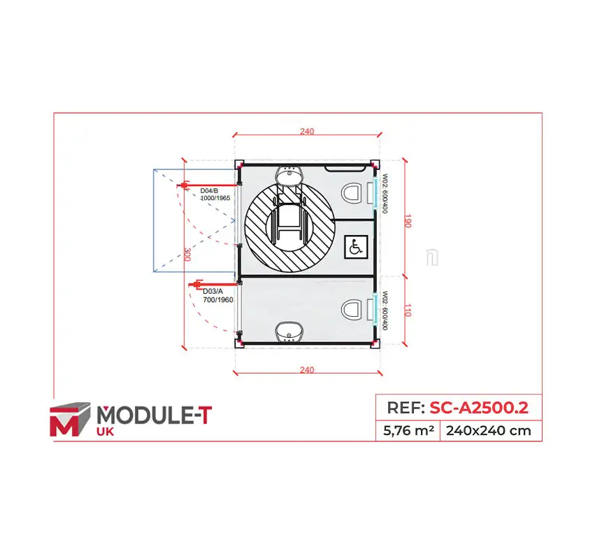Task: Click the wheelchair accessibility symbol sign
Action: (x=356, y=247)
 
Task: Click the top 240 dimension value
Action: (x=307, y=132)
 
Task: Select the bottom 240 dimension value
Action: (x=307, y=370)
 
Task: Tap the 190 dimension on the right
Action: (x=408, y=221)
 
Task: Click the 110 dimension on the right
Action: (x=408, y=310)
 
